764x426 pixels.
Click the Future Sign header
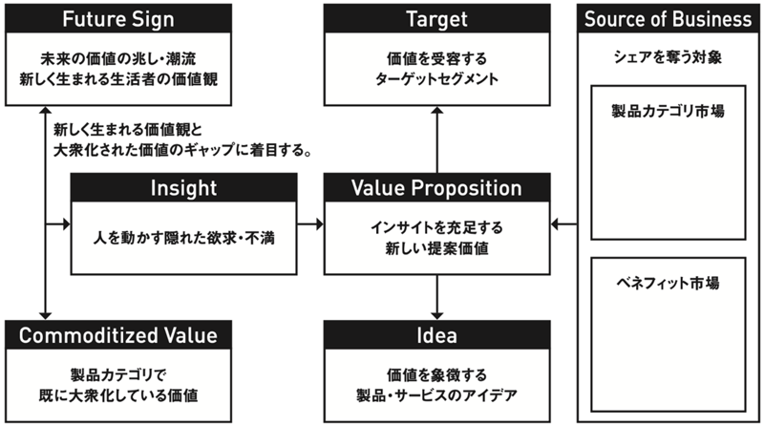[x=118, y=18]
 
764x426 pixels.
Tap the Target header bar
[x=437, y=18]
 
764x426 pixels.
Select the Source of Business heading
[x=668, y=18]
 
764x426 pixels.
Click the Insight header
[x=183, y=187]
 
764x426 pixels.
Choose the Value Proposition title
[x=437, y=187]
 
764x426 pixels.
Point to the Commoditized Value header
[x=118, y=335]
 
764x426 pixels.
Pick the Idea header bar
[x=437, y=335]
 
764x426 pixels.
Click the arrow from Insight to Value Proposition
[x=310, y=224]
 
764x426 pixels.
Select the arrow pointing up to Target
[x=437, y=139]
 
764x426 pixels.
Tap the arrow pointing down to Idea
[x=437, y=297]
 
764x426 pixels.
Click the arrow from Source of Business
[x=563, y=224]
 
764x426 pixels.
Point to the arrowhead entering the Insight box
[x=66, y=224]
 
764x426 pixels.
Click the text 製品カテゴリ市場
[x=668, y=111]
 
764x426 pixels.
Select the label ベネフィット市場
[x=668, y=283]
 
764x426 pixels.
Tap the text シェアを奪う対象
[x=668, y=57]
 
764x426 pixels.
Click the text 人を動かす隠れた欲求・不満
[x=183, y=238]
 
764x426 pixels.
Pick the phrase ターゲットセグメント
[x=437, y=79]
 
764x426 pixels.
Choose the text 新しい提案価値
[x=437, y=248]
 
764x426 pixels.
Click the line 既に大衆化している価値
[x=118, y=395]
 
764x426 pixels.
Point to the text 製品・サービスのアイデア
[x=437, y=395]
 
